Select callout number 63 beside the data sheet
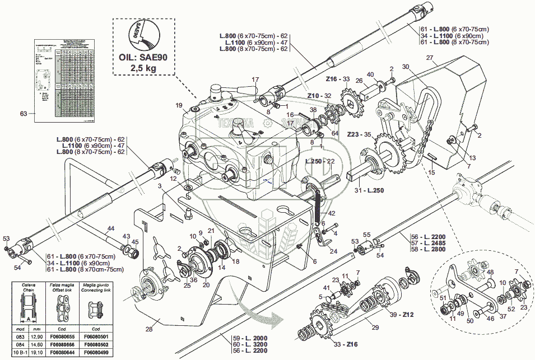23,114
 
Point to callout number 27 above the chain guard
430,58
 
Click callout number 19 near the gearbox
179,105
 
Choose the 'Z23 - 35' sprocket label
359,134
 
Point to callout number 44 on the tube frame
111,228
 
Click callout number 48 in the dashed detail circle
490,273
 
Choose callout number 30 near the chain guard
406,67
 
